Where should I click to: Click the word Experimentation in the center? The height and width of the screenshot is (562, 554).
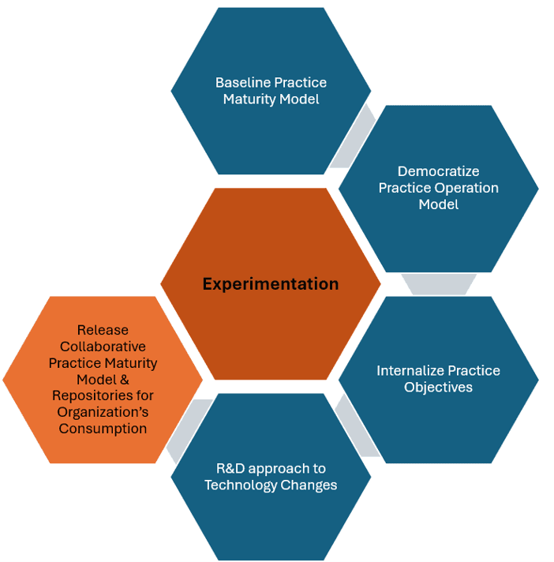tap(271, 284)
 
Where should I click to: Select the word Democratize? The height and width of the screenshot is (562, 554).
tap(438, 171)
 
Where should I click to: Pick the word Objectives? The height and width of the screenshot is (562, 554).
tap(438, 387)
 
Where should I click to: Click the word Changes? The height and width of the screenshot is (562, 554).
tap(311, 485)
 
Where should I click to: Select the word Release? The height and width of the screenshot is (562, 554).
tap(103, 330)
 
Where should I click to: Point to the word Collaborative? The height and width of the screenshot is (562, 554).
tap(103, 347)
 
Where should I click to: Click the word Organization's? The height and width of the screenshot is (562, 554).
tap(103, 412)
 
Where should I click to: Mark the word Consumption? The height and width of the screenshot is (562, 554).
tap(103, 429)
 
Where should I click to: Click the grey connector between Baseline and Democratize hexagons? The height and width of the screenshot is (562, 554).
tap(353, 136)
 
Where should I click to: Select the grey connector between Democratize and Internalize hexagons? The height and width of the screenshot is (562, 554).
tap(439, 283)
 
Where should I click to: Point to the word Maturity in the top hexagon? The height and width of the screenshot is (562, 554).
tap(249, 99)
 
